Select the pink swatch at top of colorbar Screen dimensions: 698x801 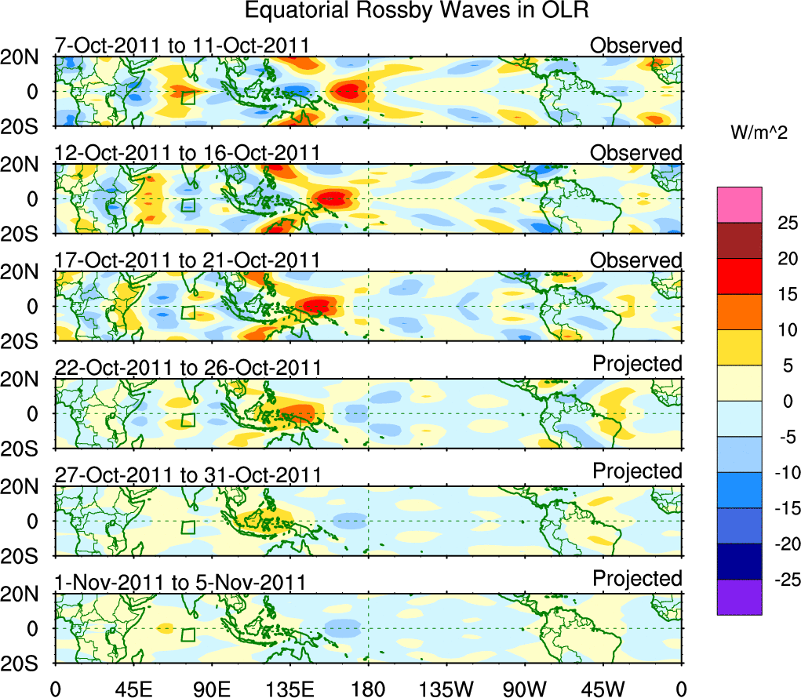point(739,205)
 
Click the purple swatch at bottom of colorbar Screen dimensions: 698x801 point(739,597)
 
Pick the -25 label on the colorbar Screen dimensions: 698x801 point(779,580)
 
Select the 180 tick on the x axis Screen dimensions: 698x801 point(368,689)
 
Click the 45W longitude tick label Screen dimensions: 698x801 point(603,689)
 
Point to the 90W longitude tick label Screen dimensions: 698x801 point(525,689)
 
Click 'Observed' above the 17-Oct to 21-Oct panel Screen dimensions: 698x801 point(635,260)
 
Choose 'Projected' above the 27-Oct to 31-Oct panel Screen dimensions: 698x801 point(637,471)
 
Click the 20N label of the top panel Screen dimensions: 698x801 point(27,57)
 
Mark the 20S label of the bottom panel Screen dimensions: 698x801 point(27,663)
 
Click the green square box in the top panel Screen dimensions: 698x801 point(188,97)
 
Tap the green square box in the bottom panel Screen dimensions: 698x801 point(188,634)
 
